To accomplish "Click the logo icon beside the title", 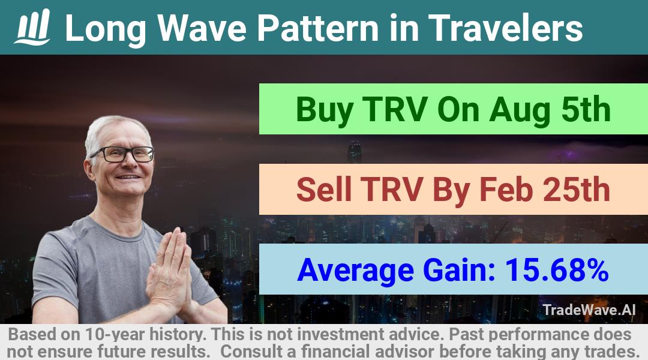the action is (32, 27).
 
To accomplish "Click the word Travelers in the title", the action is (505, 28).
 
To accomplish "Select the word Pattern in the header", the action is (318, 28).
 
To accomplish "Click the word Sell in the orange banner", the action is (323, 189).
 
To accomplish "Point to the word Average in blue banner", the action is (355, 271).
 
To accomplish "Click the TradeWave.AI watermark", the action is (589, 310).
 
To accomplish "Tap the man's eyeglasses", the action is (122, 154).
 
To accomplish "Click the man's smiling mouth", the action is (128, 177).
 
